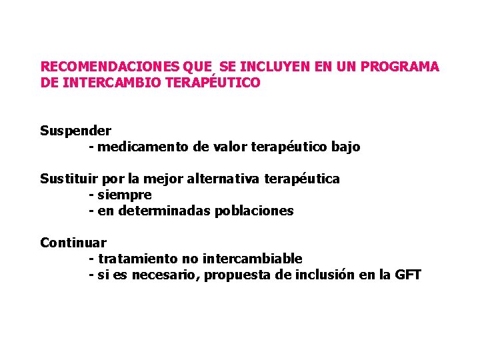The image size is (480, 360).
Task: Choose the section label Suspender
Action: (x=75, y=131)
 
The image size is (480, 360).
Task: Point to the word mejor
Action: (x=163, y=179)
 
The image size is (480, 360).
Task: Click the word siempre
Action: (x=125, y=195)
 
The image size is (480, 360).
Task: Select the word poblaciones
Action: (x=254, y=211)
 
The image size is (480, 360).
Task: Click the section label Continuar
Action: (x=73, y=243)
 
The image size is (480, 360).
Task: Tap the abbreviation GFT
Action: (x=407, y=275)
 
